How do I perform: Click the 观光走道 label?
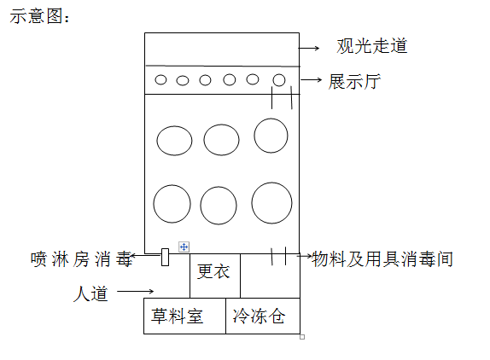point(372,46)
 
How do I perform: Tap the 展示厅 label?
point(354,82)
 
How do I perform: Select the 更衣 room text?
point(213,271)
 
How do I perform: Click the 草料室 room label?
point(178,316)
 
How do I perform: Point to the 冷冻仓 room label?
point(259,316)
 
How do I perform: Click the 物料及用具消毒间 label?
point(382,258)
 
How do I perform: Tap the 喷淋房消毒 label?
point(82,259)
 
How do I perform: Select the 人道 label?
point(90,293)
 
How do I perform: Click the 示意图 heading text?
point(39,15)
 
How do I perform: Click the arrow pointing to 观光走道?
point(309,48)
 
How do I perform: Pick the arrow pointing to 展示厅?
point(311,80)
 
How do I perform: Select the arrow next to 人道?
point(136,291)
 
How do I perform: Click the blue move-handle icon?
point(184,247)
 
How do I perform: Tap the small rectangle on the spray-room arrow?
point(165,258)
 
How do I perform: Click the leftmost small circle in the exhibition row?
point(160,79)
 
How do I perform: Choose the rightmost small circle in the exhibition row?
point(279,80)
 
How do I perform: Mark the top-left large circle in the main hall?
point(174,141)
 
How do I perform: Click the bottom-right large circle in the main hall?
point(271,203)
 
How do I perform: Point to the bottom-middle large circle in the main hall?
point(219,206)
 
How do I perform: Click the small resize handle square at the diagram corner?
point(302,337)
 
